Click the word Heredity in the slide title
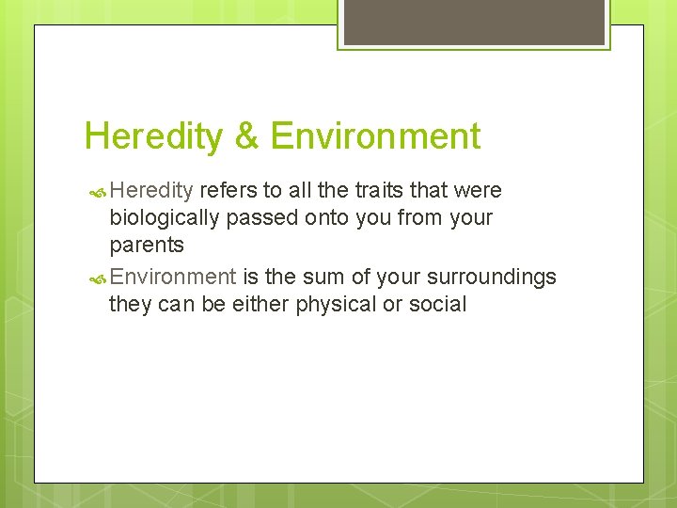point(153,137)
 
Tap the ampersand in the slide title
point(246,137)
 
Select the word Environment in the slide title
point(375,137)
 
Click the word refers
point(228,191)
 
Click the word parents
point(147,246)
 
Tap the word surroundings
point(492,277)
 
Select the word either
point(259,304)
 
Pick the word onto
point(323,218)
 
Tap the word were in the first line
point(478,191)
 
